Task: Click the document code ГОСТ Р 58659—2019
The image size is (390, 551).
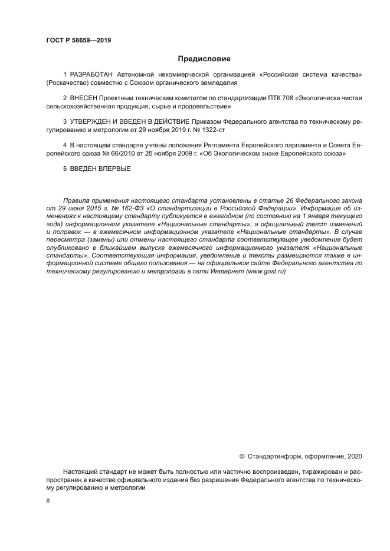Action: (78, 41)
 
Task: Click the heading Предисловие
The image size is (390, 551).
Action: (204, 59)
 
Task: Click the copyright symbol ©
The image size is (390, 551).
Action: (241, 456)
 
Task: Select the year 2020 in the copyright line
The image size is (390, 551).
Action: (353, 456)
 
